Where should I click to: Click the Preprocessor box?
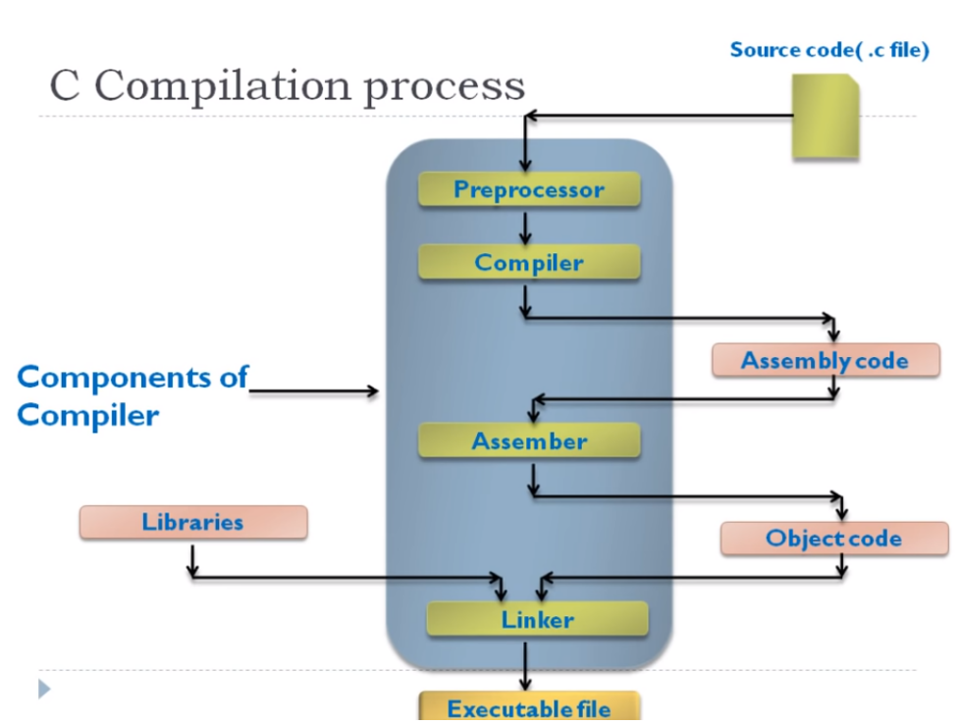point(529,189)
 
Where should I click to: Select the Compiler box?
point(529,262)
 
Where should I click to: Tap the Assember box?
point(529,441)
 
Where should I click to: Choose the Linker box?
point(537,620)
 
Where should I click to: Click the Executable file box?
point(529,707)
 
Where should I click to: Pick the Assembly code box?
point(825,360)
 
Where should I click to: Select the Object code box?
point(833,539)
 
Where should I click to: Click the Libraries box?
point(192,522)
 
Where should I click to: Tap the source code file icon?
point(826,117)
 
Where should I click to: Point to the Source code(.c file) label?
point(828,50)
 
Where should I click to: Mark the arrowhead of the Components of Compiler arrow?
point(373,391)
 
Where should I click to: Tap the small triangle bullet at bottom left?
point(44,689)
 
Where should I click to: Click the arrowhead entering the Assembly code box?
point(833,334)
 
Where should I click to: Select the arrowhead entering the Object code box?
point(842,513)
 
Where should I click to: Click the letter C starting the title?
point(64,86)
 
